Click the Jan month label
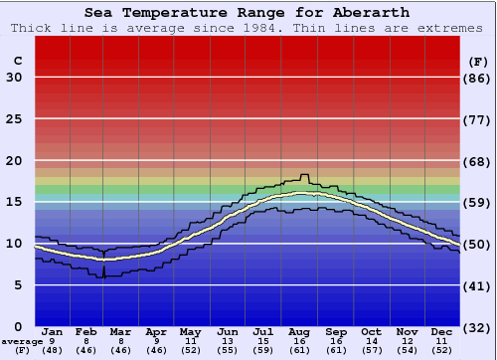click(x=53, y=331)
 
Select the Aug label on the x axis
click(x=300, y=331)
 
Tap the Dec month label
click(x=442, y=331)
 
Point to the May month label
click(x=190, y=331)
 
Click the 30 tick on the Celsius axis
click(x=14, y=78)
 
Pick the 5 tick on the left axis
click(x=18, y=285)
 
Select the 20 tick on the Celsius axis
click(x=14, y=161)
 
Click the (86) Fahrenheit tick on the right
click(x=478, y=78)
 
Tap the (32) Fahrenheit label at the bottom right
click(x=478, y=327)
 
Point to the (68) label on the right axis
click(x=478, y=161)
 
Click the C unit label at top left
click(x=17, y=61)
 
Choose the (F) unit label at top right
click(x=478, y=61)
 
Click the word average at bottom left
click(x=22, y=341)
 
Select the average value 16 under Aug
click(x=300, y=341)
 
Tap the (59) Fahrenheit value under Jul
click(x=263, y=350)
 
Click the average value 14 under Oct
click(x=371, y=341)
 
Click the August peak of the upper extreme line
click(x=304, y=175)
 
